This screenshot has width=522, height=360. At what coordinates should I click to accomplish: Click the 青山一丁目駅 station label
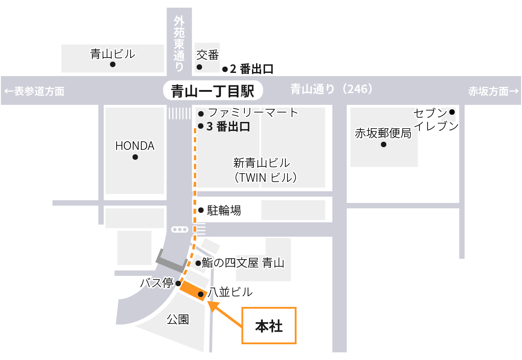coord(212,91)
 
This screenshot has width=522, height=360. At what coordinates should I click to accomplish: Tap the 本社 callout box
coord(269,326)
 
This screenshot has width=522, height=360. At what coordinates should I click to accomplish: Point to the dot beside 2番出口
coord(225,69)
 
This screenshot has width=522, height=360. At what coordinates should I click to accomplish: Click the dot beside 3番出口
coord(201,126)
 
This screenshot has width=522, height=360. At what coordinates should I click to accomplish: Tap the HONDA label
coord(135,146)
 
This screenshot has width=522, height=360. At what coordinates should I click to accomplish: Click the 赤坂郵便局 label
coord(383,133)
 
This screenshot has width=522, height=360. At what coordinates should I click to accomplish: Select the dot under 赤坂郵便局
coord(383,145)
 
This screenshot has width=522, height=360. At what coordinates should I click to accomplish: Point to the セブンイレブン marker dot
coord(452,112)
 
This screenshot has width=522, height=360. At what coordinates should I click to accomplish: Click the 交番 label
coord(207,55)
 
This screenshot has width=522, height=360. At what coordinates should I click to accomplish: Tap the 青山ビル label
coord(112,54)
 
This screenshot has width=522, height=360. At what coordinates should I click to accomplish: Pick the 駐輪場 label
coord(224,210)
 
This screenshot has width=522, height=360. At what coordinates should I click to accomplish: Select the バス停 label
coord(157,283)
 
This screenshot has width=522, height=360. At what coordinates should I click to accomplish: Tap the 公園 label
coord(178,319)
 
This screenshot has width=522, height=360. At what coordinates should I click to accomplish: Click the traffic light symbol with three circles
coord(180,229)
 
